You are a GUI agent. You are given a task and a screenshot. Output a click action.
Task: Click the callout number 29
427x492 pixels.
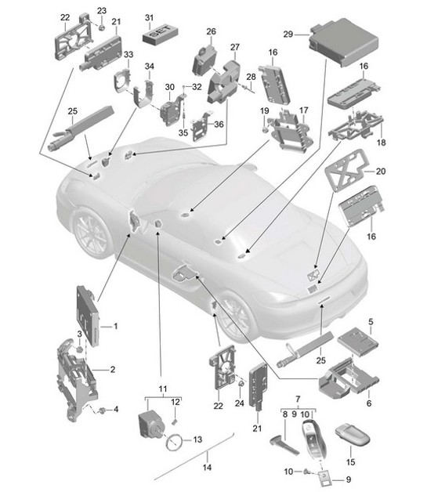click(x=288, y=34)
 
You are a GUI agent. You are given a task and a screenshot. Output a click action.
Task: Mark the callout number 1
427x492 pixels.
click(x=116, y=325)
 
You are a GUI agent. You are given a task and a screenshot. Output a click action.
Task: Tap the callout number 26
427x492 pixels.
click(x=210, y=31)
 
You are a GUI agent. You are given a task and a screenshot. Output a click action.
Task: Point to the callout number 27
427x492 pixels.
click(x=234, y=48)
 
